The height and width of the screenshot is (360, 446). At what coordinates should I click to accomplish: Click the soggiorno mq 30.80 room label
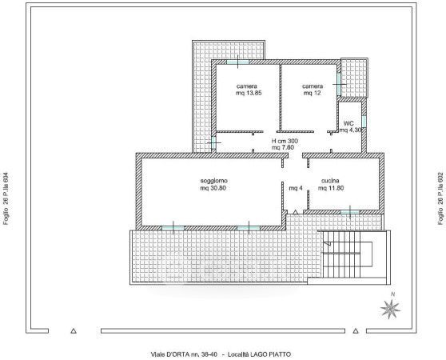(x=213, y=185)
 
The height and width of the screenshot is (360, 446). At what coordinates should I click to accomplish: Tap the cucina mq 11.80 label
(x=331, y=185)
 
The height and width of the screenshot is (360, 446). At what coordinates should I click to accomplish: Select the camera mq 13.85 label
(x=249, y=90)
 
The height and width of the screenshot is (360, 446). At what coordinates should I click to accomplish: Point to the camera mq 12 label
(x=313, y=90)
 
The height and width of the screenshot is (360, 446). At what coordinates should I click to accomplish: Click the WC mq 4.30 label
(x=350, y=126)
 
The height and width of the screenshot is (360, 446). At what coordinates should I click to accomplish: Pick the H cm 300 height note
(x=285, y=141)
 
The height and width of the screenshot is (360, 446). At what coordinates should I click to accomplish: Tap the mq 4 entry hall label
(x=296, y=188)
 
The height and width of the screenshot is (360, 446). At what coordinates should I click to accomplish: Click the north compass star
(x=391, y=309)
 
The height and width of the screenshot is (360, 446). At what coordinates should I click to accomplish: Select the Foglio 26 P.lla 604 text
(x=6, y=198)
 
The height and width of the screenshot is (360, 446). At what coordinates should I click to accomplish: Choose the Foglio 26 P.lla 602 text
(x=440, y=198)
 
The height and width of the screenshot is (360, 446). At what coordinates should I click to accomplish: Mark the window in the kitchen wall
(x=350, y=212)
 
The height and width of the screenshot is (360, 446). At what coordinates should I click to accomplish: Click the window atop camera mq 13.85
(x=237, y=62)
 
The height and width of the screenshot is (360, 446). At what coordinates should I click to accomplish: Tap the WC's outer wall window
(x=364, y=122)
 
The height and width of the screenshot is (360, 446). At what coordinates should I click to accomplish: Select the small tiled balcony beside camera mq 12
(x=354, y=78)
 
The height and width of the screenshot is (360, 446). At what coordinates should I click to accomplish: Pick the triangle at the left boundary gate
(x=74, y=330)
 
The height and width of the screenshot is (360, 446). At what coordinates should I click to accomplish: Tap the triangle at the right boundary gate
(x=356, y=330)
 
